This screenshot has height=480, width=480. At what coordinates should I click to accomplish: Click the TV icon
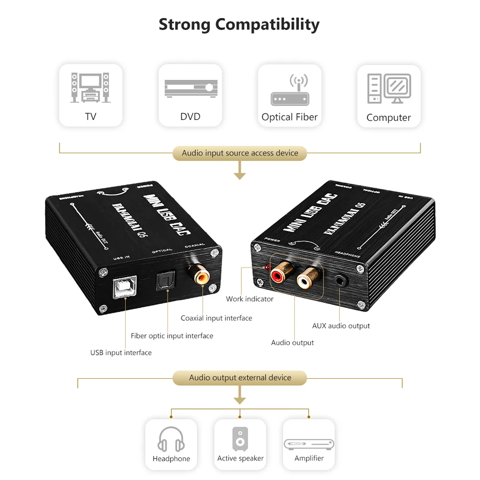(x=90, y=87)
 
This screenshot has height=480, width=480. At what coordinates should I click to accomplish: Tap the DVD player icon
(x=190, y=89)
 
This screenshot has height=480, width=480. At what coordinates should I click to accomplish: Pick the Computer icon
(x=389, y=89)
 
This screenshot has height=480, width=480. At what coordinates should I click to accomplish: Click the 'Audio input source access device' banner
(x=240, y=153)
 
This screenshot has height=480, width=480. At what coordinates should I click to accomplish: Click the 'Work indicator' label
(x=250, y=299)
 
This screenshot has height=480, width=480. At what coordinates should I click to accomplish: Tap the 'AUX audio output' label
(x=341, y=326)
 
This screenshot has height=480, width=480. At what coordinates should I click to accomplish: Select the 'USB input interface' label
(x=121, y=353)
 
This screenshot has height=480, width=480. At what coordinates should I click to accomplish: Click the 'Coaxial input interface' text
(x=216, y=318)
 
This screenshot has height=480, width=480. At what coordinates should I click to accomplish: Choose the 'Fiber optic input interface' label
(x=172, y=336)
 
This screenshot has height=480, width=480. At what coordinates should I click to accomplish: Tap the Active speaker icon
(x=240, y=438)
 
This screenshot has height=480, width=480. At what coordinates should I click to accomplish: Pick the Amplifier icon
(x=309, y=444)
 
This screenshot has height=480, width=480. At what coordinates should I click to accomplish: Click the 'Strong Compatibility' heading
(x=239, y=24)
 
